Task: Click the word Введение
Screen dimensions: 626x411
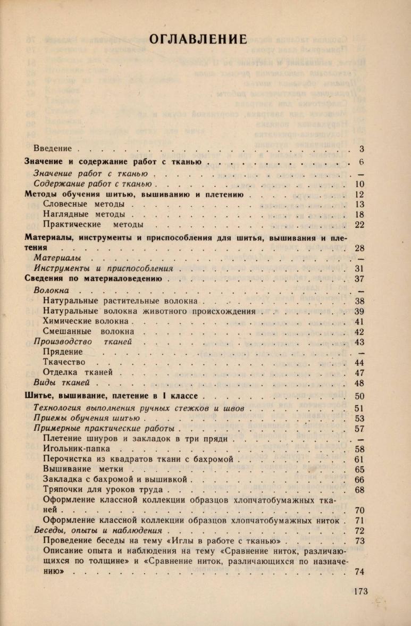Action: tap(53, 149)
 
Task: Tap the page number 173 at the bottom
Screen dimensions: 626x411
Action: tap(360, 591)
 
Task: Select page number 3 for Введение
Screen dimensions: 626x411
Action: tap(361, 149)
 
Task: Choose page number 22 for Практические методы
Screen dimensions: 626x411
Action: tap(359, 224)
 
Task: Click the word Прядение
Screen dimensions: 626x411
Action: tap(62, 352)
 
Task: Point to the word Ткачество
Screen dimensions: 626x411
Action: tap(64, 362)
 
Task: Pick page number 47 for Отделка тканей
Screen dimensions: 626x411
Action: tap(359, 373)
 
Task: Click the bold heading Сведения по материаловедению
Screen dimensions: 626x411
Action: tap(94, 278)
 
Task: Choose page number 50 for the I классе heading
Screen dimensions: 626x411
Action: tap(359, 396)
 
